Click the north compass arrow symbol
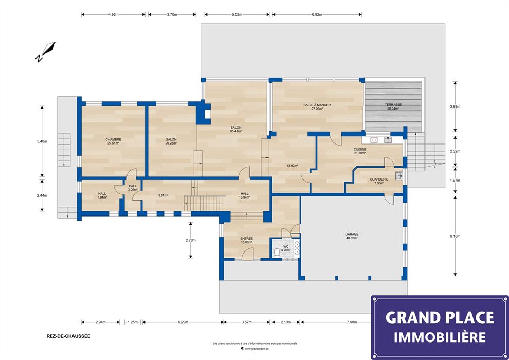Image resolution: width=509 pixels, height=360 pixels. (45, 51)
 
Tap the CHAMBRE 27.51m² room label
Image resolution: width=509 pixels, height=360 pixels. (113, 141)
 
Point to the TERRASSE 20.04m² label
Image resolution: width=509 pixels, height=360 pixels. (393, 107)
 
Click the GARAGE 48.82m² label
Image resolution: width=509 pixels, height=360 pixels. (352, 236)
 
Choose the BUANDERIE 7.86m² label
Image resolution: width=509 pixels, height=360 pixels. (379, 181)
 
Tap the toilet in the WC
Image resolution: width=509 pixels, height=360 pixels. (277, 252)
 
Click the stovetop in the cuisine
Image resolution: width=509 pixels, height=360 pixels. (374, 140)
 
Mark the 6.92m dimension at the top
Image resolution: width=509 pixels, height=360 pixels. (317, 14)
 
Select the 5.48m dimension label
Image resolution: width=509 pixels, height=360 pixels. (42, 141)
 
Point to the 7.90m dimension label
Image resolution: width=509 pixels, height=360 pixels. (352, 322)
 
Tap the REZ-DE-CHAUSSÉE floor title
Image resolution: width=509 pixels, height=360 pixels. (68, 336)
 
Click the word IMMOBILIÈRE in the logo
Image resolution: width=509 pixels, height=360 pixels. (440, 337)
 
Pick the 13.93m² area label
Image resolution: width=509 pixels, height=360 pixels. (293, 165)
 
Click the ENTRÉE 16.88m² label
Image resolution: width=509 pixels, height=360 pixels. (246, 240)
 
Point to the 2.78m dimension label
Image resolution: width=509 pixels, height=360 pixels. (190, 240)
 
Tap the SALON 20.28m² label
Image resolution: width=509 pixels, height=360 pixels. (171, 141)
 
